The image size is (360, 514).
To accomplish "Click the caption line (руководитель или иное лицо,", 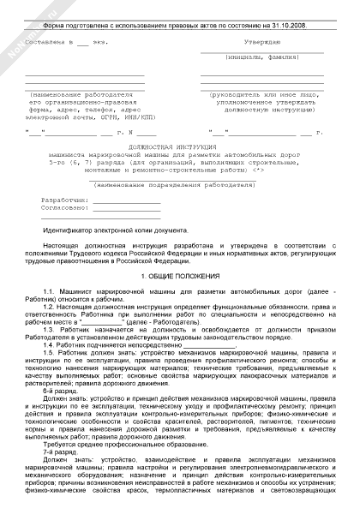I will click(x=267, y=93).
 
